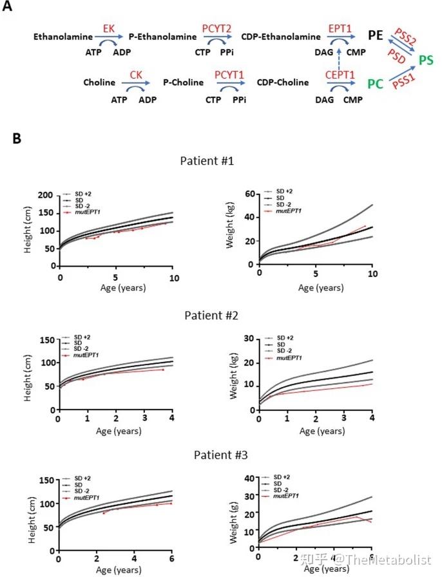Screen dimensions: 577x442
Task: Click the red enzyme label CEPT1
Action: click(340, 75)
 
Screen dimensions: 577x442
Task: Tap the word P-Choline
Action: click(182, 82)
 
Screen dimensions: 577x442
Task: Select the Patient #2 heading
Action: click(211, 316)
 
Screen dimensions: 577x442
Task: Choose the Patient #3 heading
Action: click(211, 455)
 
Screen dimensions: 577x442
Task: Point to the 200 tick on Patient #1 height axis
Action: click(45, 195)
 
